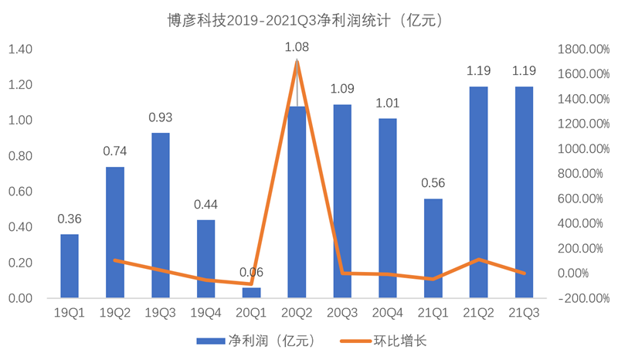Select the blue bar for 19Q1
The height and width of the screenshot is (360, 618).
[x=70, y=266]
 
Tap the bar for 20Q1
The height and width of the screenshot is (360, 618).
[x=251, y=293]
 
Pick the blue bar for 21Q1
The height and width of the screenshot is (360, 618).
[x=433, y=248]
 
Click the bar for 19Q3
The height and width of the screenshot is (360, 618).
[x=161, y=216]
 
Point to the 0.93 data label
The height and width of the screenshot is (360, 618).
[x=161, y=118]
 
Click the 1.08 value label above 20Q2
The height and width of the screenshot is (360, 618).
[x=297, y=48]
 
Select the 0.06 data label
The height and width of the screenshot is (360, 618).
[x=252, y=272]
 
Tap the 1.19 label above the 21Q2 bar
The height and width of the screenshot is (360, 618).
[x=479, y=71]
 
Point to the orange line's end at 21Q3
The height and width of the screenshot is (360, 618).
[x=525, y=273]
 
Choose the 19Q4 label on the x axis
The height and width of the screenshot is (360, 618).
[x=206, y=313]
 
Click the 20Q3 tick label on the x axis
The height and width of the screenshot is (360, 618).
[x=343, y=313]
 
